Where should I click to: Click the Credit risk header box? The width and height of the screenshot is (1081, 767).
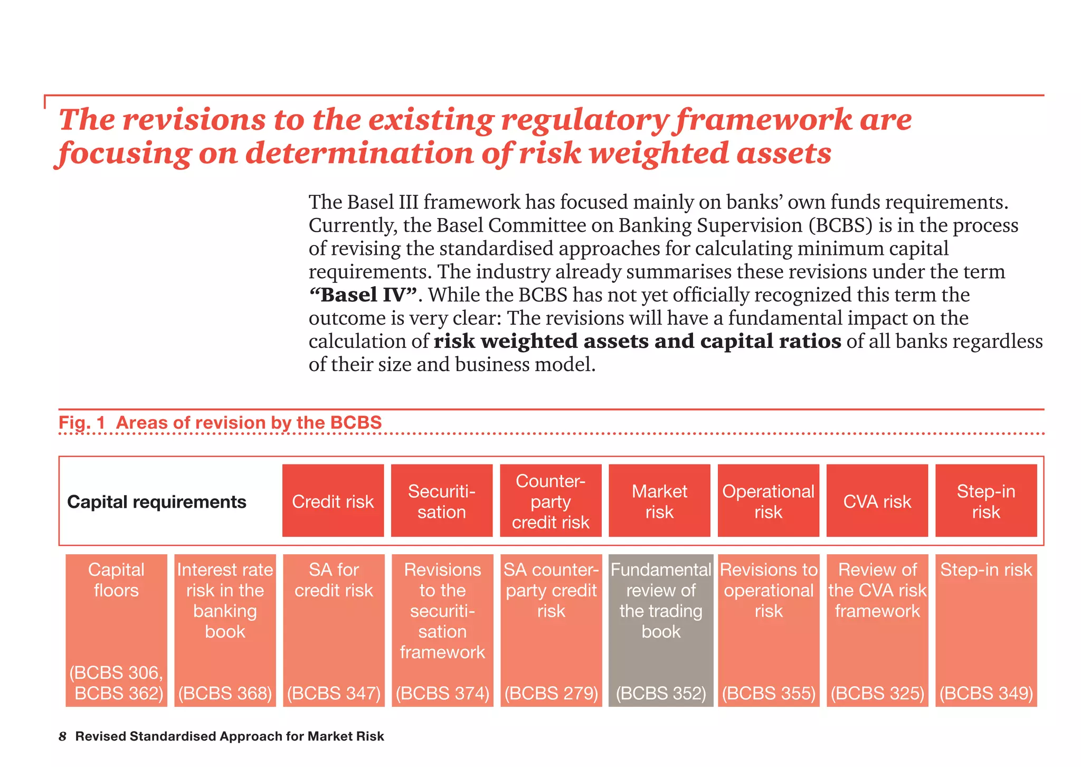333,501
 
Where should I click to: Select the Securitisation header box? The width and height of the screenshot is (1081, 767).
441,501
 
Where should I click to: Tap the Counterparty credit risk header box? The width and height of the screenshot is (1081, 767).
551,501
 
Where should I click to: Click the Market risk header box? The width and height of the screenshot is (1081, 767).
659,501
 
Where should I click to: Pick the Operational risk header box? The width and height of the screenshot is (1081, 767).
768,501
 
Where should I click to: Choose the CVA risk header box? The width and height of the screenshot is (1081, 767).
877,501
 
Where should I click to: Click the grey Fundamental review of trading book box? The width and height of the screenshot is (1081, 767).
660,630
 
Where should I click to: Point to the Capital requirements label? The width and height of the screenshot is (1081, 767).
157,501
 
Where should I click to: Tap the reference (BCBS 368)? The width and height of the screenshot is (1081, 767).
225,693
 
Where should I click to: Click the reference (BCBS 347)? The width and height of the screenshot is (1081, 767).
334,693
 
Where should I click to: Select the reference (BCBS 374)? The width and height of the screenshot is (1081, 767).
442,693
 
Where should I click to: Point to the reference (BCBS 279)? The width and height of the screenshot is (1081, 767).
551,693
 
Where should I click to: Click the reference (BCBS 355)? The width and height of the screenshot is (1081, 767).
769,693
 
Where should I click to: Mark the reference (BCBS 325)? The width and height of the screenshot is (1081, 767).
877,693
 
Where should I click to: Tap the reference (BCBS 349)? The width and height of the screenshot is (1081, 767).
986,693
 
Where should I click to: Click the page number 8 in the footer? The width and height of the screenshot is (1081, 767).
62,736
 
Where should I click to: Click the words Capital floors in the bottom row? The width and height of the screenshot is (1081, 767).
116,580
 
